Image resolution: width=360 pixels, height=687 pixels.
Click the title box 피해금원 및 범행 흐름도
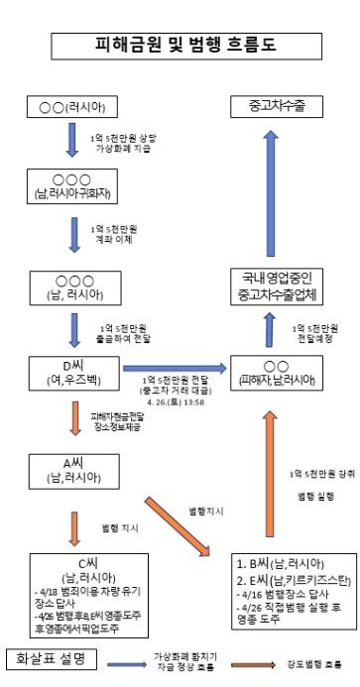(180, 45)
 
